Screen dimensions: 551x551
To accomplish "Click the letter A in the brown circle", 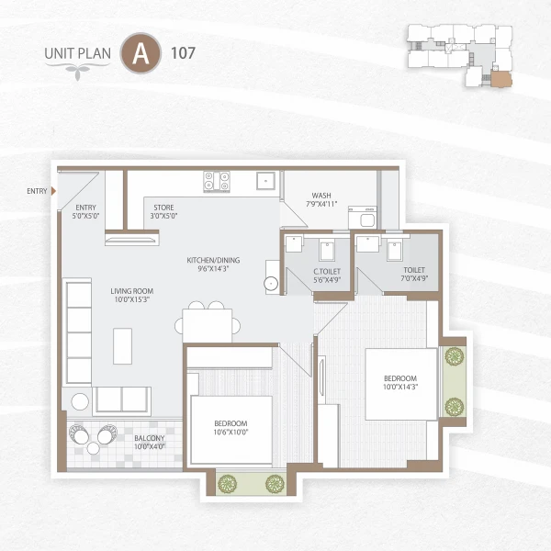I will pyautogui.click(x=141, y=52).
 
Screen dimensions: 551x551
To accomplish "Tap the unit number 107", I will pyautogui.click(x=182, y=52).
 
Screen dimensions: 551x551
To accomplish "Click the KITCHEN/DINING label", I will pyautogui.click(x=212, y=264).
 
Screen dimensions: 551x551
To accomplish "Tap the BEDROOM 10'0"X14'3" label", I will pyautogui.click(x=399, y=383).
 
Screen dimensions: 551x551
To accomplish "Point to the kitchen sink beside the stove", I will pyautogui.click(x=265, y=181).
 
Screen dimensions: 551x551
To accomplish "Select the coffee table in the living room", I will pyautogui.click(x=122, y=345).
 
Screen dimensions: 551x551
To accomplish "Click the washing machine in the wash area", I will pyautogui.click(x=363, y=219).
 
